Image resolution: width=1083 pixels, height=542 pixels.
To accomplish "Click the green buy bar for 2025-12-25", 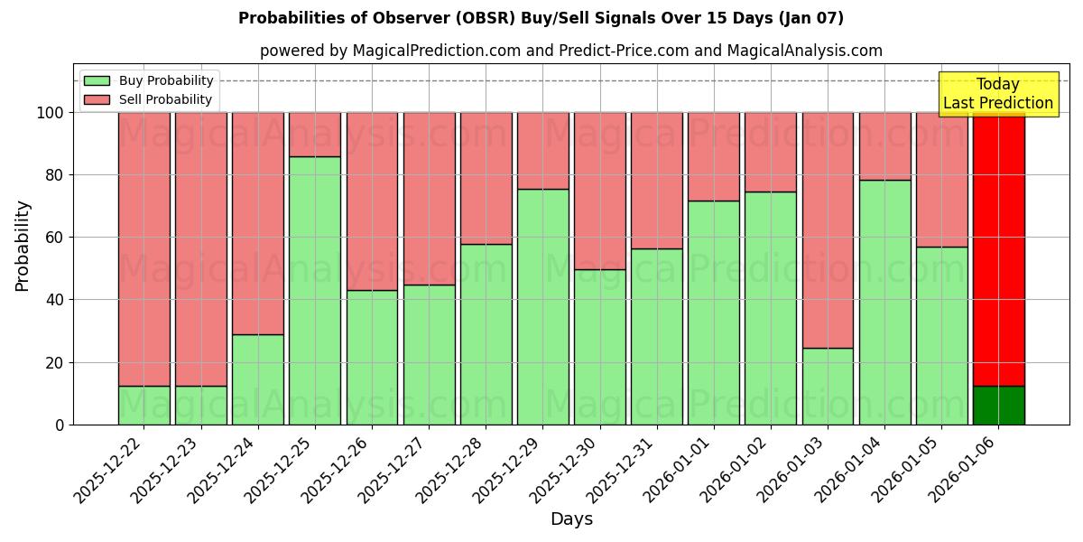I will pyautogui.click(x=315, y=290).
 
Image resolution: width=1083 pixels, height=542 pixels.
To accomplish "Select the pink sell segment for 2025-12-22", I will pyautogui.click(x=143, y=248).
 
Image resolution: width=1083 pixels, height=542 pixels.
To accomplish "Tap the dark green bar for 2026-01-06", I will pyautogui.click(x=998, y=405).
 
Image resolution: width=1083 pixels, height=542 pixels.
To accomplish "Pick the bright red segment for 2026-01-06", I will pyautogui.click(x=998, y=248).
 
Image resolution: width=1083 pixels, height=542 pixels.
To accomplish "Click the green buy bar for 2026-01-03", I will pyautogui.click(x=828, y=386).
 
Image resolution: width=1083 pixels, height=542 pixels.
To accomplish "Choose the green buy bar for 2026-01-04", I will pyautogui.click(x=884, y=302).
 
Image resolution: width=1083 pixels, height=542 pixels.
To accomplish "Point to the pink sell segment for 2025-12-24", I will pyautogui.click(x=258, y=223).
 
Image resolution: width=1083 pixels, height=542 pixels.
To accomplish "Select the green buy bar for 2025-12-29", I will pyautogui.click(x=543, y=306).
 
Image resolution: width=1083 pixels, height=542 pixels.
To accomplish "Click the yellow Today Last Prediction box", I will pyautogui.click(x=997, y=94).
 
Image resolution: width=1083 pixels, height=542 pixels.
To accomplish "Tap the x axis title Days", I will pyautogui.click(x=571, y=519).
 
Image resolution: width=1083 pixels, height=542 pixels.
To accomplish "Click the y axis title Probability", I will pyautogui.click(x=23, y=245).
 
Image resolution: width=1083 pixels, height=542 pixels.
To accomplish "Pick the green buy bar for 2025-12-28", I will pyautogui.click(x=486, y=333).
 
